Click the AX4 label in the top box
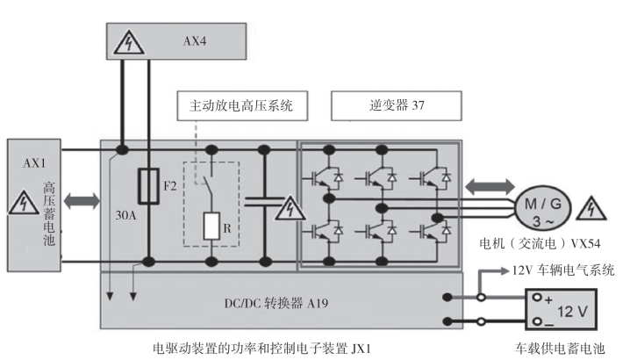click(x=195, y=41)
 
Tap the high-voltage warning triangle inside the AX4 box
click(x=129, y=42)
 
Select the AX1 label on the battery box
click(x=34, y=163)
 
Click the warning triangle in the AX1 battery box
click(x=24, y=202)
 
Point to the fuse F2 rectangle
click(x=148, y=186)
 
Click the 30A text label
click(x=125, y=215)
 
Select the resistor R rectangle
click(x=211, y=226)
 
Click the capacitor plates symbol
click(x=264, y=202)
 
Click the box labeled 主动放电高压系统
click(x=242, y=105)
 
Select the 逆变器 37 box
click(x=396, y=105)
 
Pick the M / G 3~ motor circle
click(x=543, y=208)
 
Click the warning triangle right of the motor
click(x=591, y=209)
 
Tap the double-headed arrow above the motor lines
click(x=490, y=187)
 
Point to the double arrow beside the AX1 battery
click(x=82, y=200)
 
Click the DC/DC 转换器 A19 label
click(x=276, y=303)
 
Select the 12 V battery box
click(x=561, y=309)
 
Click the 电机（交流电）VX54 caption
click(x=540, y=243)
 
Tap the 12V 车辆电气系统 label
click(x=562, y=270)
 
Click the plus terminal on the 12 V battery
click(x=548, y=300)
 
